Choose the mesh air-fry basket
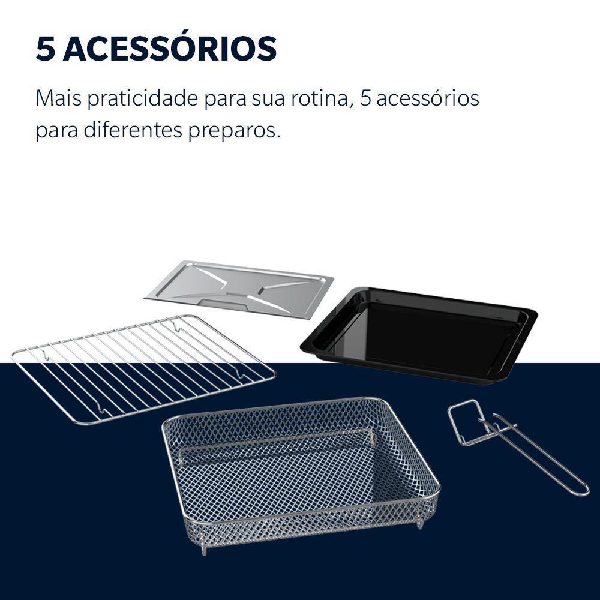(300, 468)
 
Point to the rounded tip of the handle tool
(583, 491)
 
